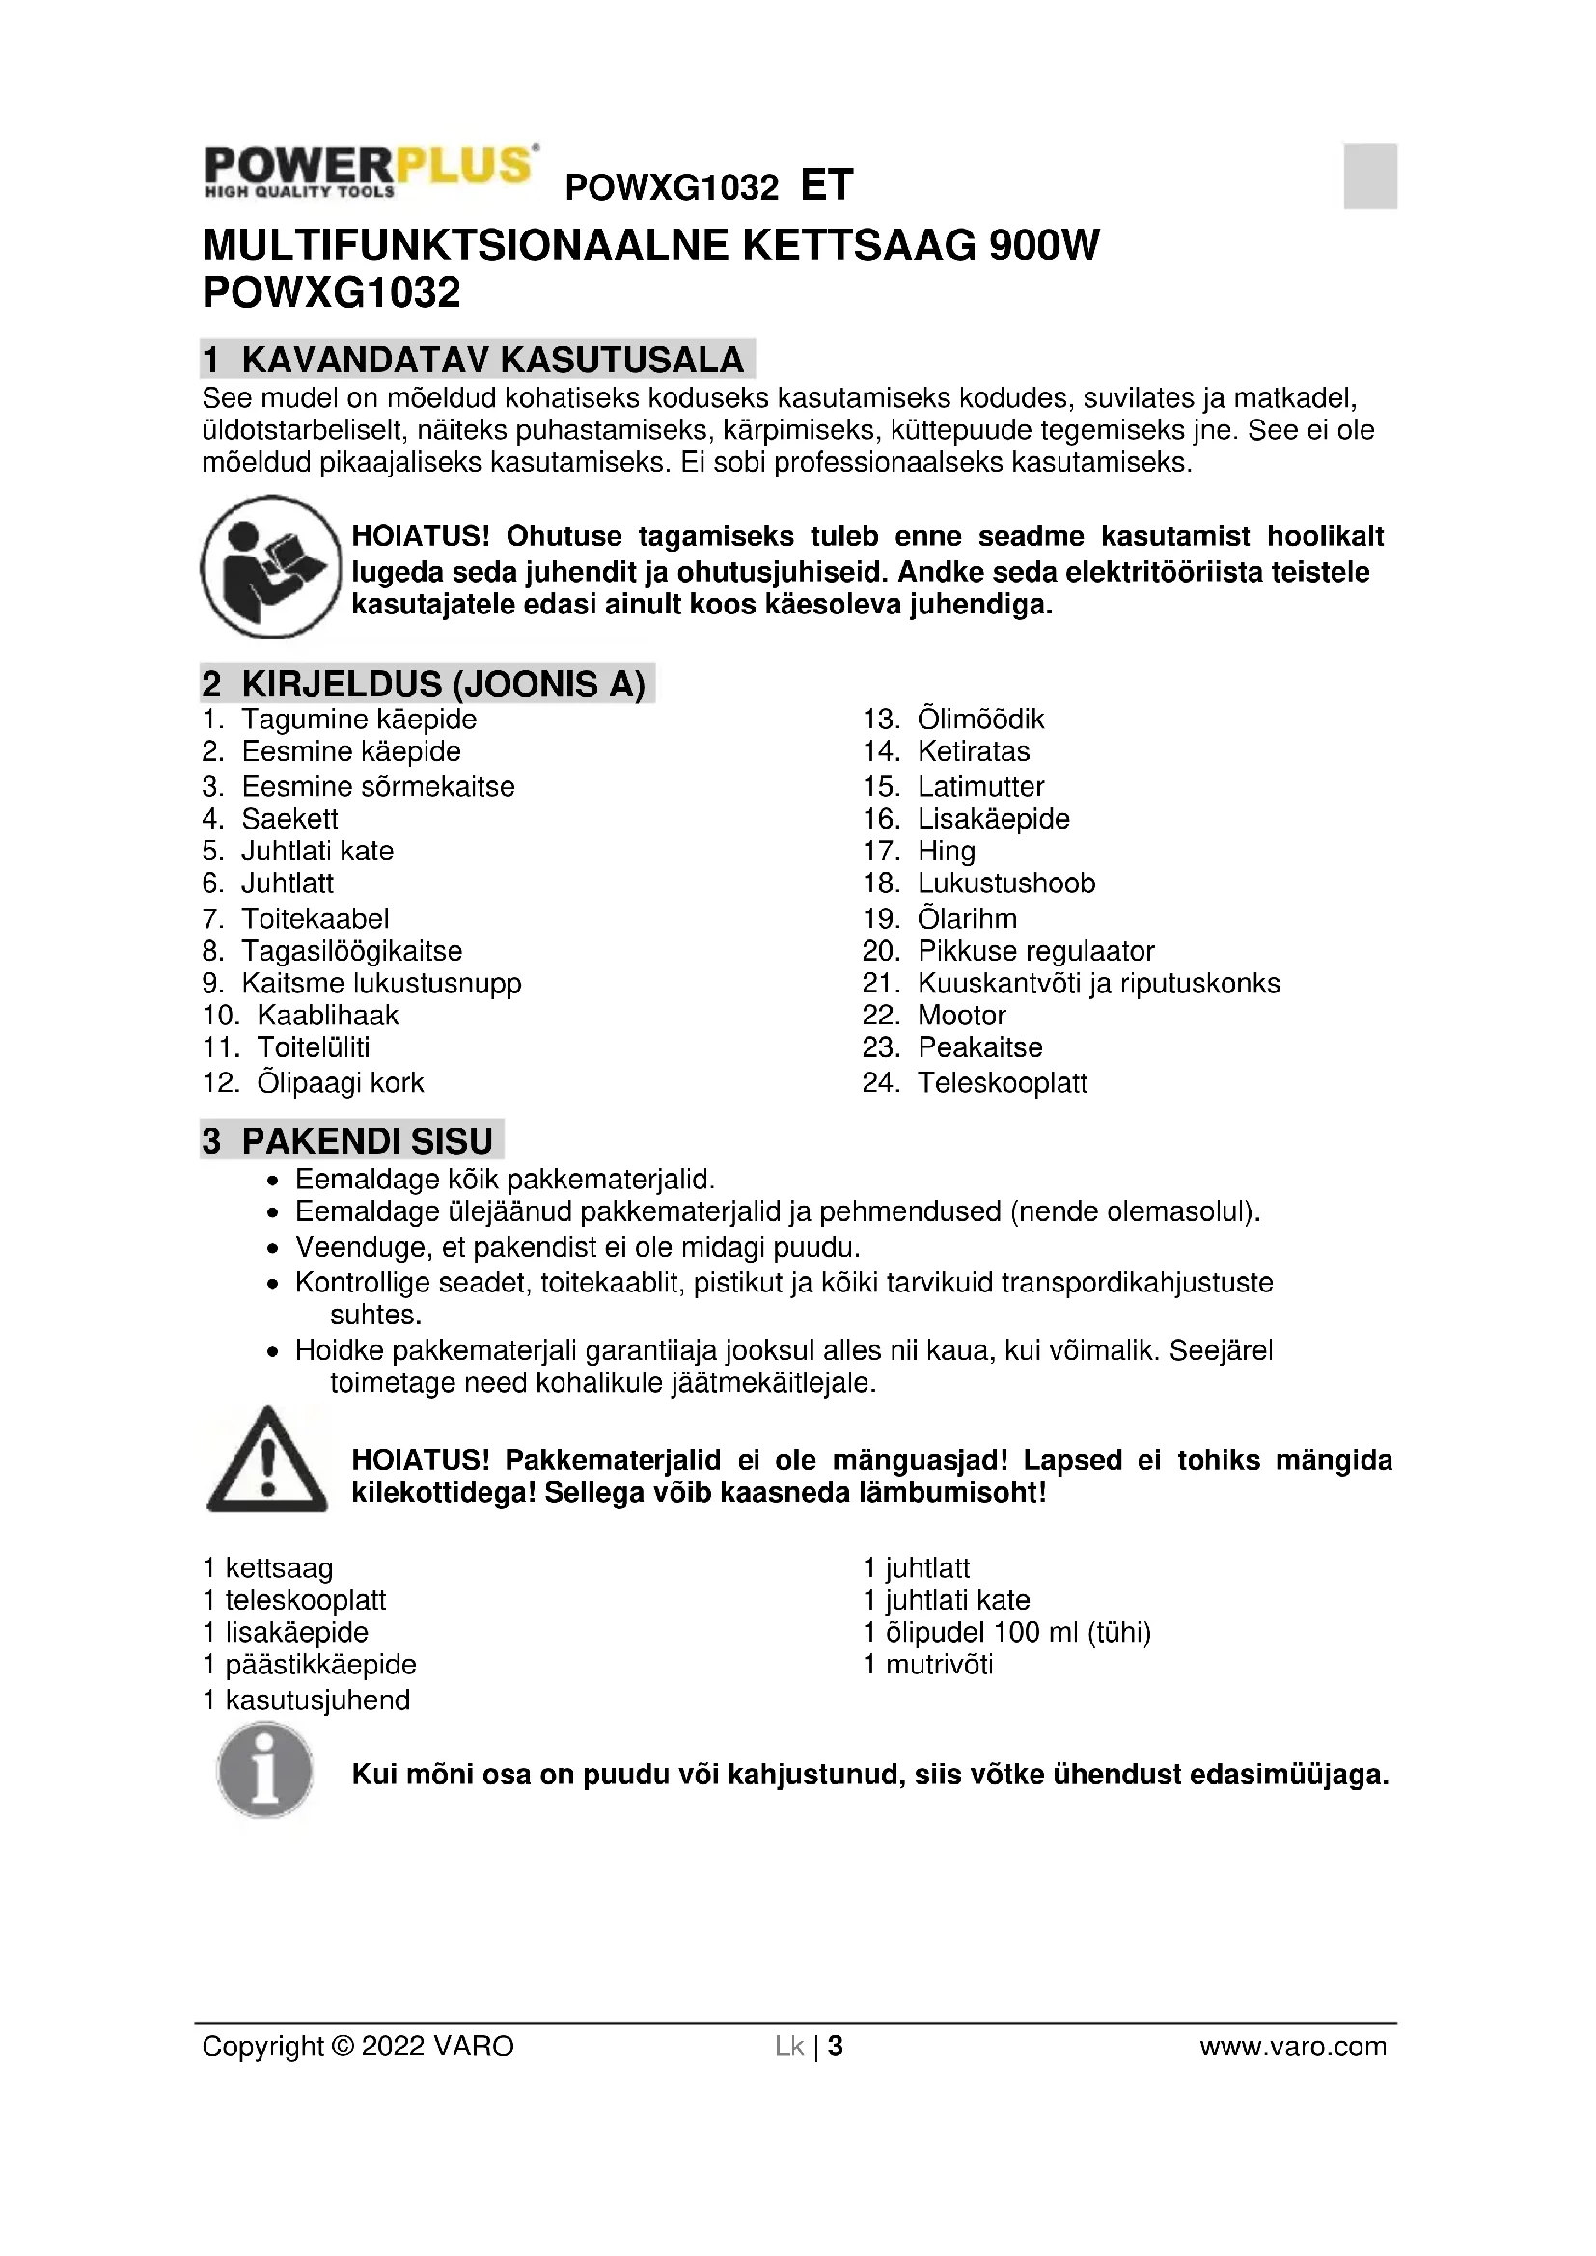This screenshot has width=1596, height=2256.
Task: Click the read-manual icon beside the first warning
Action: pos(271,567)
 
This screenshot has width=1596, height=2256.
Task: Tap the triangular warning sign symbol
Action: pos(266,1460)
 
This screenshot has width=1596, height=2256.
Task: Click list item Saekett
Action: pos(289,819)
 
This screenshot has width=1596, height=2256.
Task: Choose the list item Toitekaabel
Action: pos(316,919)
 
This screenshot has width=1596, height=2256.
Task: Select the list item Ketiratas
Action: pos(973,751)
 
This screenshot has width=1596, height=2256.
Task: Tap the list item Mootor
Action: pos(961,1015)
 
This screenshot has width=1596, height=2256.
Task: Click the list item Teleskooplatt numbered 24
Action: pos(1002,1083)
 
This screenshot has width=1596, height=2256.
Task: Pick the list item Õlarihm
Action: pos(967,919)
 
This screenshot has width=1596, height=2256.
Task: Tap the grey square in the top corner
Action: pos(1370,176)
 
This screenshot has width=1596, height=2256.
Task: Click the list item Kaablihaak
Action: pos(327,1015)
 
